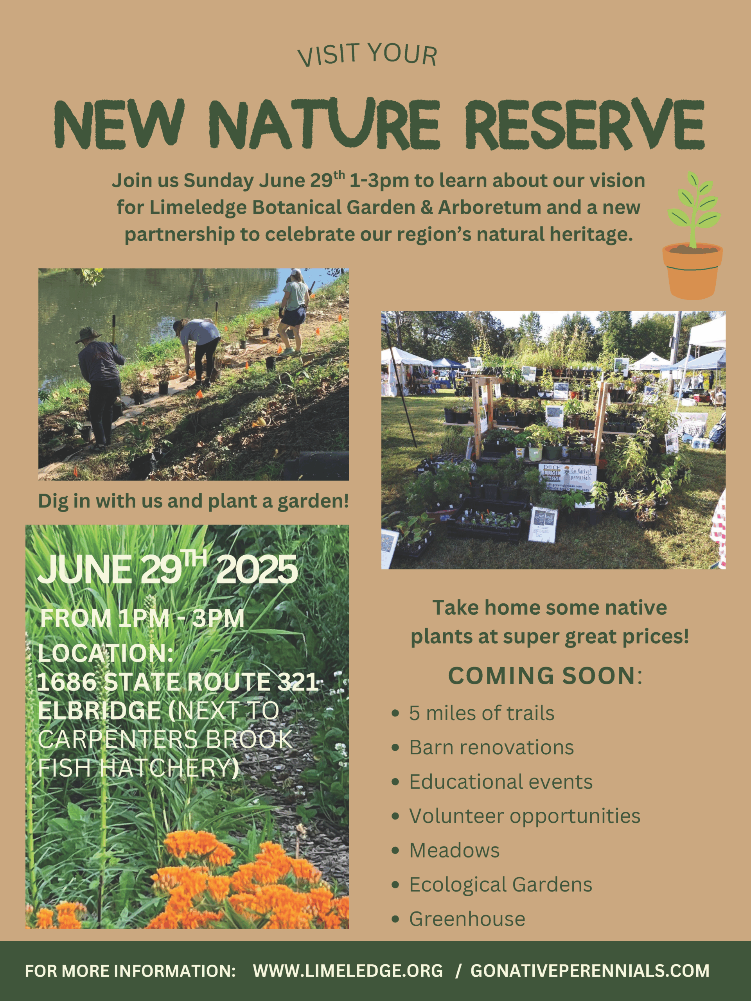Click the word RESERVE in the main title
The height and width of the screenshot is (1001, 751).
584,123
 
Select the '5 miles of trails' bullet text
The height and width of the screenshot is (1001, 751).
482,713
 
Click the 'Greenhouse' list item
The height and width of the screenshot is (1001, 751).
467,919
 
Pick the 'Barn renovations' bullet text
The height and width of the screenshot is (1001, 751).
492,748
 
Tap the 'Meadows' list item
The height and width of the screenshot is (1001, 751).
455,850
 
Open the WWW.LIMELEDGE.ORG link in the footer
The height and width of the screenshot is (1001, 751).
348,971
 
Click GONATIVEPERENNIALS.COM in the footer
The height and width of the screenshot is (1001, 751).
590,971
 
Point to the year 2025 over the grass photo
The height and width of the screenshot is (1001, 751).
257,569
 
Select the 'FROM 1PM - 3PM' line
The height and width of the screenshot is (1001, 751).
142,618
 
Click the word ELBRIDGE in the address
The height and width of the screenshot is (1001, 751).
99,710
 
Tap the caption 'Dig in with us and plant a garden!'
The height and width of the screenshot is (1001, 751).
193,501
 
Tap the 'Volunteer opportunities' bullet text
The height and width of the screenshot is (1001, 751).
525,816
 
